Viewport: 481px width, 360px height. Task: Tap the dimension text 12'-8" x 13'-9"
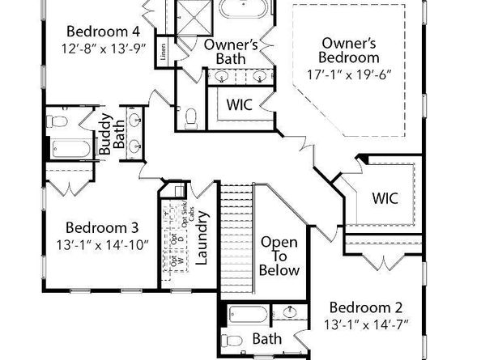pyautogui.click(x=105, y=49)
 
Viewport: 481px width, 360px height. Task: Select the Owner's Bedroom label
pyautogui.click(x=349, y=50)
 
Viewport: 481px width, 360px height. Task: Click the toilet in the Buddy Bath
pyautogui.click(x=57, y=121)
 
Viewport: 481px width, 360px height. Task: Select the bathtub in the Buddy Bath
pyautogui.click(x=72, y=150)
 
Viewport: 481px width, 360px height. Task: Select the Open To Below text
pyautogui.click(x=279, y=256)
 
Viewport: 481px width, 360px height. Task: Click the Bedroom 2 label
pyautogui.click(x=365, y=307)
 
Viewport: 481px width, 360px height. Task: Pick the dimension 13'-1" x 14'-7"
pyautogui.click(x=365, y=325)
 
